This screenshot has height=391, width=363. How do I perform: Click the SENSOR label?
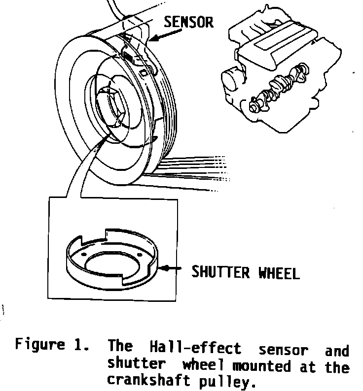189,22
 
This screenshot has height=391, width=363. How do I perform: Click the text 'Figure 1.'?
51,345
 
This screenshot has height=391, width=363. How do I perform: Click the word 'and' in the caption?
337,350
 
